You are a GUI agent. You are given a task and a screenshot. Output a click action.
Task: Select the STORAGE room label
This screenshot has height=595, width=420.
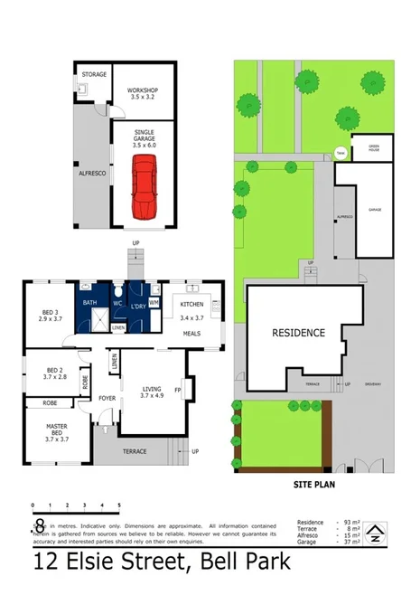94,74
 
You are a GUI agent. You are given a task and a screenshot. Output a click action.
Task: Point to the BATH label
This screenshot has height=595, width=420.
89,303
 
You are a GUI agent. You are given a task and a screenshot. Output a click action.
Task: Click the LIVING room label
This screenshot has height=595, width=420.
150,391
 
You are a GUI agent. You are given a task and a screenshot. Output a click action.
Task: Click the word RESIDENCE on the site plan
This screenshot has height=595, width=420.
298,333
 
